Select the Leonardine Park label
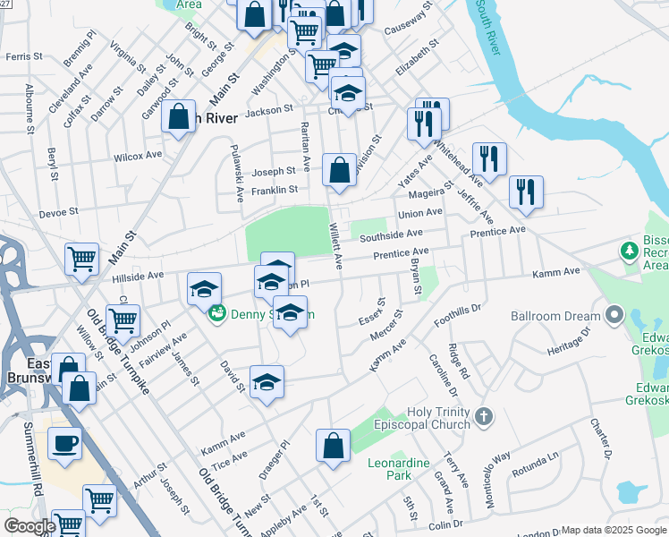(x=399, y=469)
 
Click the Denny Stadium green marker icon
(x=216, y=314)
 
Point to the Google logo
(x=30, y=526)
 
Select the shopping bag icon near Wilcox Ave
(x=179, y=117)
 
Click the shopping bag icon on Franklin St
(x=340, y=170)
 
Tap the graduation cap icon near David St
(x=267, y=383)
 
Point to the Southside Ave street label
(x=391, y=234)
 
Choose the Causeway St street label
(x=409, y=18)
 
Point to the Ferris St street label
(x=23, y=56)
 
